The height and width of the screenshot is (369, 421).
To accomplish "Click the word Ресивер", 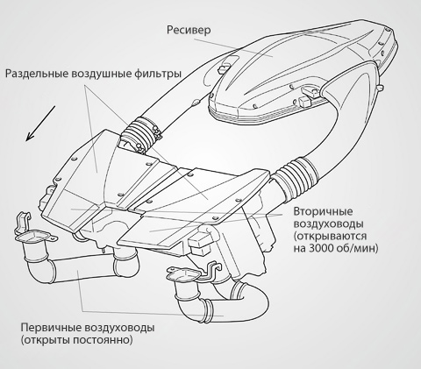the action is (x=189, y=30).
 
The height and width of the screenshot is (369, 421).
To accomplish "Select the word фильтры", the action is (x=158, y=74).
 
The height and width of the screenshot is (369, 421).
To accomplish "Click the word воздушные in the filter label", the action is (x=101, y=74).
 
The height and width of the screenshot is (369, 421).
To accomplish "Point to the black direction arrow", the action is (x=40, y=124).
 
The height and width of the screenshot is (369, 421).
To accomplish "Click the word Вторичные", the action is (x=323, y=211).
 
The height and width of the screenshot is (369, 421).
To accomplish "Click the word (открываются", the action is (x=330, y=236).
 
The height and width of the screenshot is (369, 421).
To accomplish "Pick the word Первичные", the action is (x=51, y=328).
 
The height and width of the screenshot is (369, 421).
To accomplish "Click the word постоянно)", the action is (x=103, y=340).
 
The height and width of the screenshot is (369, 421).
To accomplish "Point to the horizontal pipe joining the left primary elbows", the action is (x=82, y=267).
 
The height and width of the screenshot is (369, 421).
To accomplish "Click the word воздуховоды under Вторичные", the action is (x=329, y=224).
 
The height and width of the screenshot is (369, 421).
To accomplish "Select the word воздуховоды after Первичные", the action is (x=119, y=328).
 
